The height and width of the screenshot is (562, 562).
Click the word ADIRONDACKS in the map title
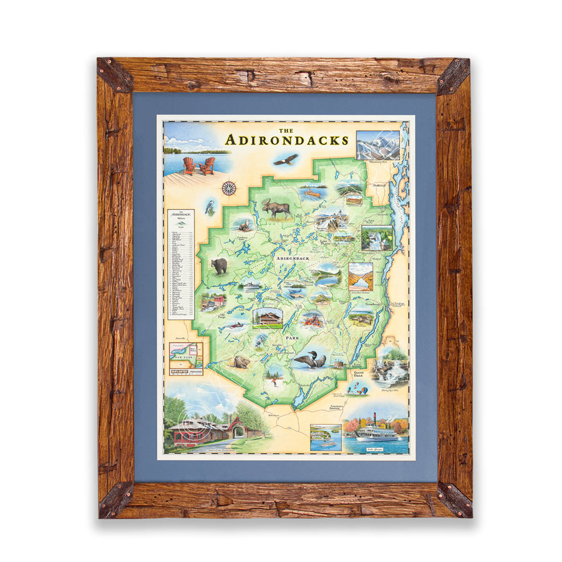[287, 140]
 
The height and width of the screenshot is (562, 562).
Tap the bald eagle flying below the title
[285, 160]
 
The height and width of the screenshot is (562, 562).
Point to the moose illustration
[277, 209]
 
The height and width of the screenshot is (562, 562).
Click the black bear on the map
[219, 265]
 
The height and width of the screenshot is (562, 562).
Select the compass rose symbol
[229, 188]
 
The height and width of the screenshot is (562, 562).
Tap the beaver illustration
[241, 361]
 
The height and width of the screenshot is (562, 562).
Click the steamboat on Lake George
[375, 433]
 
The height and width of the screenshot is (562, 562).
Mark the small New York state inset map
[186, 355]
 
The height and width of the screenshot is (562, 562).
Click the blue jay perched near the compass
[210, 207]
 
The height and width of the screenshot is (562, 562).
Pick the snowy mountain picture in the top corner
[378, 145]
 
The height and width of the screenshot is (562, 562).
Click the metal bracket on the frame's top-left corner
[115, 74]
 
